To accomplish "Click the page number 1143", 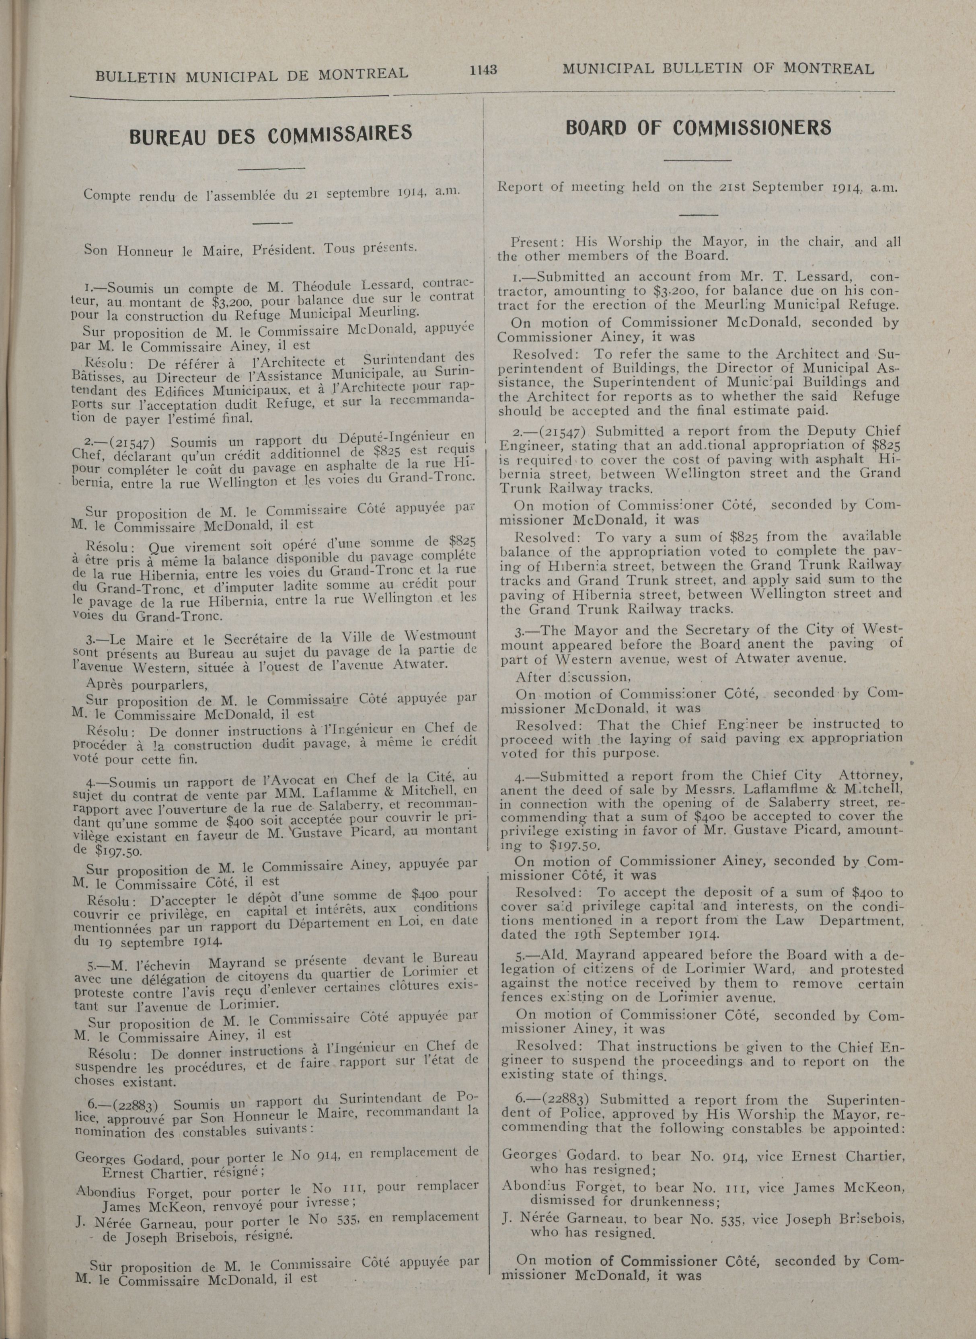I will (483, 70).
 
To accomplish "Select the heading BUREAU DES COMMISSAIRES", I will (271, 134).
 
